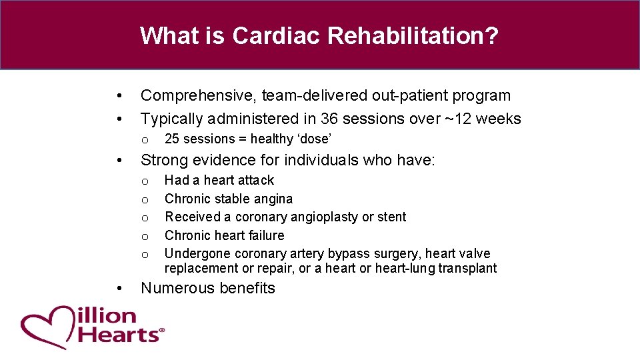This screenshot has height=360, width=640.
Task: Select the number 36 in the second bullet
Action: click(x=329, y=119)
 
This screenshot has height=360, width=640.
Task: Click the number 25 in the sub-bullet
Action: click(x=172, y=139)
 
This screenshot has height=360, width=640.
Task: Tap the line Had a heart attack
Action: click(x=219, y=180)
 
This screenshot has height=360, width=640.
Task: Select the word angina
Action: click(x=273, y=199)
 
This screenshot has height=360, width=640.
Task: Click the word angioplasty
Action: click(x=324, y=217)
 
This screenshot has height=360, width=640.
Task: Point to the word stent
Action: click(x=392, y=217)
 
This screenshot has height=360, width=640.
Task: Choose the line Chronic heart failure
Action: click(x=224, y=235)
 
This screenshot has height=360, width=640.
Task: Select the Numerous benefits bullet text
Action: click(x=207, y=288)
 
